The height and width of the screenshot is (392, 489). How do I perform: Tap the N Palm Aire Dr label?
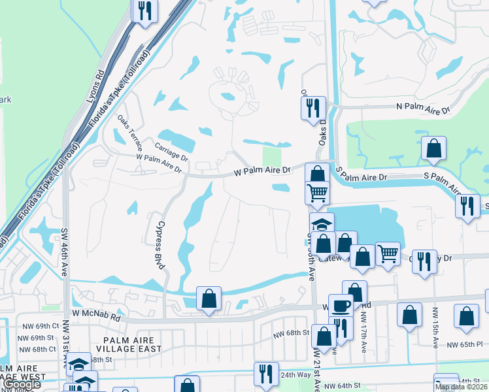point(423,109)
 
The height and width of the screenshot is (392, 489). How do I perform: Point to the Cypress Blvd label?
point(159,243)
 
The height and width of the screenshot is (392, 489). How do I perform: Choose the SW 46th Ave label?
point(65,253)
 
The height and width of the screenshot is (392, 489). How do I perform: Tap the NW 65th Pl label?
point(465,344)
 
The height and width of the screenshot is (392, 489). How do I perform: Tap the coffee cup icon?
point(341,305)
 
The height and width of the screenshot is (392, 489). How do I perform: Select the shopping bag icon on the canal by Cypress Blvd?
point(209,299)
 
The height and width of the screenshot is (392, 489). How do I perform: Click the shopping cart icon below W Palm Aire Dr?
point(317,192)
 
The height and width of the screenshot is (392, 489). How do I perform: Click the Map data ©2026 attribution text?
point(461,387)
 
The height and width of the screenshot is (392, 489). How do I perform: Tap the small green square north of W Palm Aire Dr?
point(271,157)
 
